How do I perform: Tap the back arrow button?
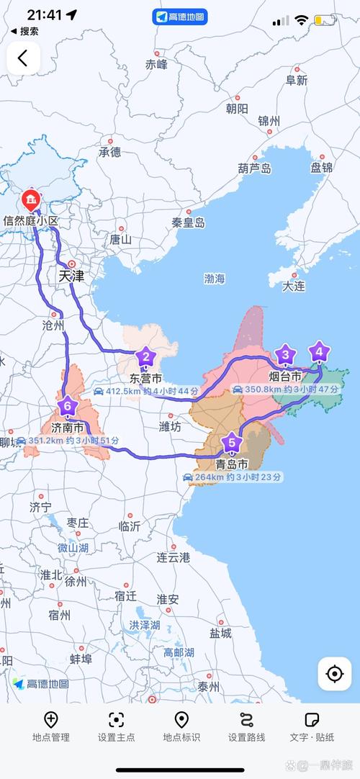point(23,58)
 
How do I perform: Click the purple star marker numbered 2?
point(145,356)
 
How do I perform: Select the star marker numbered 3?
point(286,354)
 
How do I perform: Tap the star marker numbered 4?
point(319,353)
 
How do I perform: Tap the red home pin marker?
point(30,199)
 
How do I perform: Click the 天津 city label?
point(71,276)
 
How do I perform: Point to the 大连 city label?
point(294,286)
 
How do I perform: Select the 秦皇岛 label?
point(188,223)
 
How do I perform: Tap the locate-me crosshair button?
point(334,674)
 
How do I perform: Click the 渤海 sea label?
point(215,278)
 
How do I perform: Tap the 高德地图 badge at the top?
point(180,17)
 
